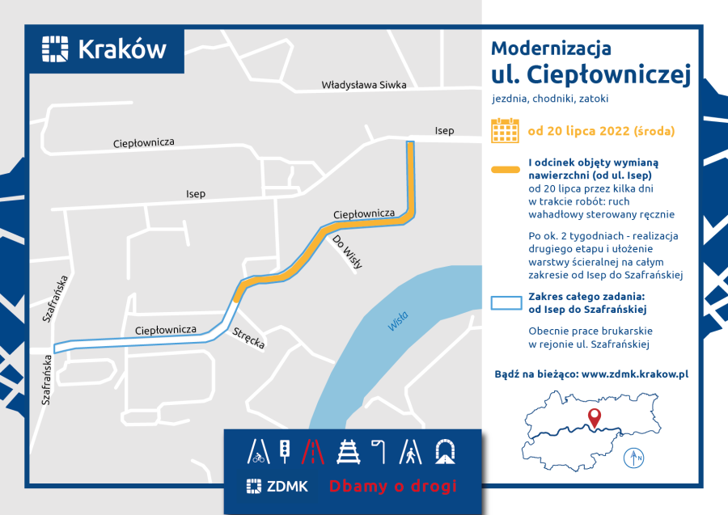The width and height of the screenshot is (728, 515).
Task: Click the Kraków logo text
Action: (121, 49)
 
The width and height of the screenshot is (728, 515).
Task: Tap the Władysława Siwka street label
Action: (363, 84)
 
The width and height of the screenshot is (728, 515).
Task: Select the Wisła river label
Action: (398, 321)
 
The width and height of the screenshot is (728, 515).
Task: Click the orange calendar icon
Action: (506, 130)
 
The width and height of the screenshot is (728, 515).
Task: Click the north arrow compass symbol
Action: (634, 458)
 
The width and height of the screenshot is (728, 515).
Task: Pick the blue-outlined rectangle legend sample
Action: (506, 302)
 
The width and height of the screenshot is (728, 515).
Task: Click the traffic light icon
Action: (285, 451)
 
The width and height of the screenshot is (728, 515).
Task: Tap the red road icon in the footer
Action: (311, 451)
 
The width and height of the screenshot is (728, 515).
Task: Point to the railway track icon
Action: (349, 451)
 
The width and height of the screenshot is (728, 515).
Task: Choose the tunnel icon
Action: (444, 451)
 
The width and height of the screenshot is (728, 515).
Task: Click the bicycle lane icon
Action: (258, 451)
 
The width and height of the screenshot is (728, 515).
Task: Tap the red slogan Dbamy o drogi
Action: (392, 486)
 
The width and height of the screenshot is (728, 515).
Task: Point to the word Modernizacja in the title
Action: (551, 48)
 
